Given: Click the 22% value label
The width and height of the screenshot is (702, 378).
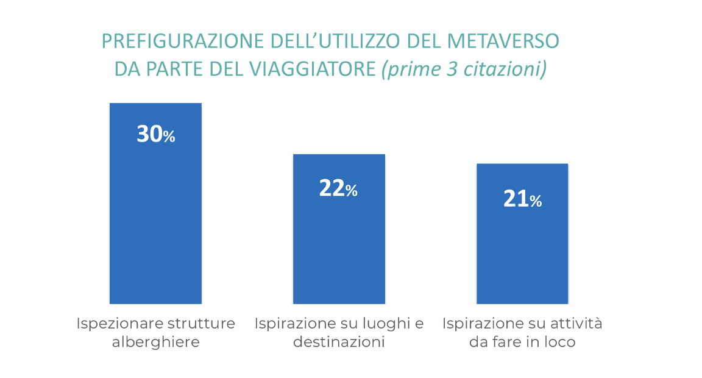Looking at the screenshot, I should (x=338, y=189).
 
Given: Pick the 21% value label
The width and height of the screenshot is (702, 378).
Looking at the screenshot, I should (x=522, y=199).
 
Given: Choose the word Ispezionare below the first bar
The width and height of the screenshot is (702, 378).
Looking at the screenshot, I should (x=113, y=324).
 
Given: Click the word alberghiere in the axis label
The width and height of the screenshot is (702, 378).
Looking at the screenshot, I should (x=156, y=342).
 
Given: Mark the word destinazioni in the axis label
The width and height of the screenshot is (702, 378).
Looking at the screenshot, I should (x=339, y=342).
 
